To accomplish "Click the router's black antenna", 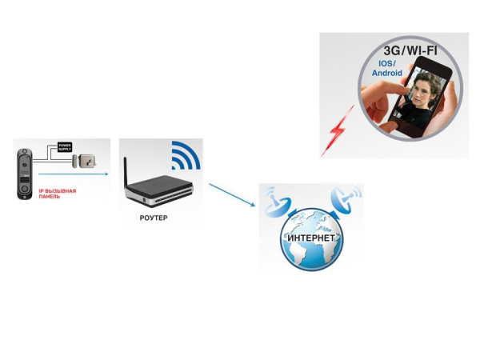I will click(126, 169).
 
